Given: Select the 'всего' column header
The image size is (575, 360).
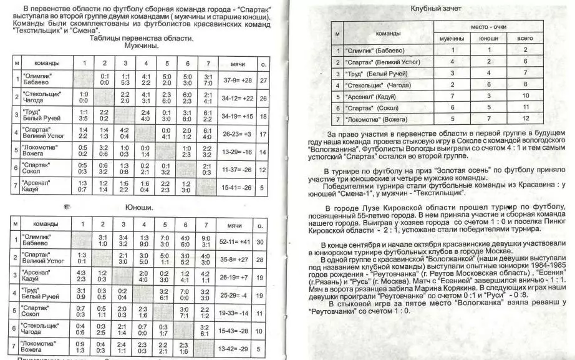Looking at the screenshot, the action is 525,38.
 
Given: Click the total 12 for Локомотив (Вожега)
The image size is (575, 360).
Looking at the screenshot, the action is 525,118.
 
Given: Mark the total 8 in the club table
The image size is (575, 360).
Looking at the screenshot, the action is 525,84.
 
